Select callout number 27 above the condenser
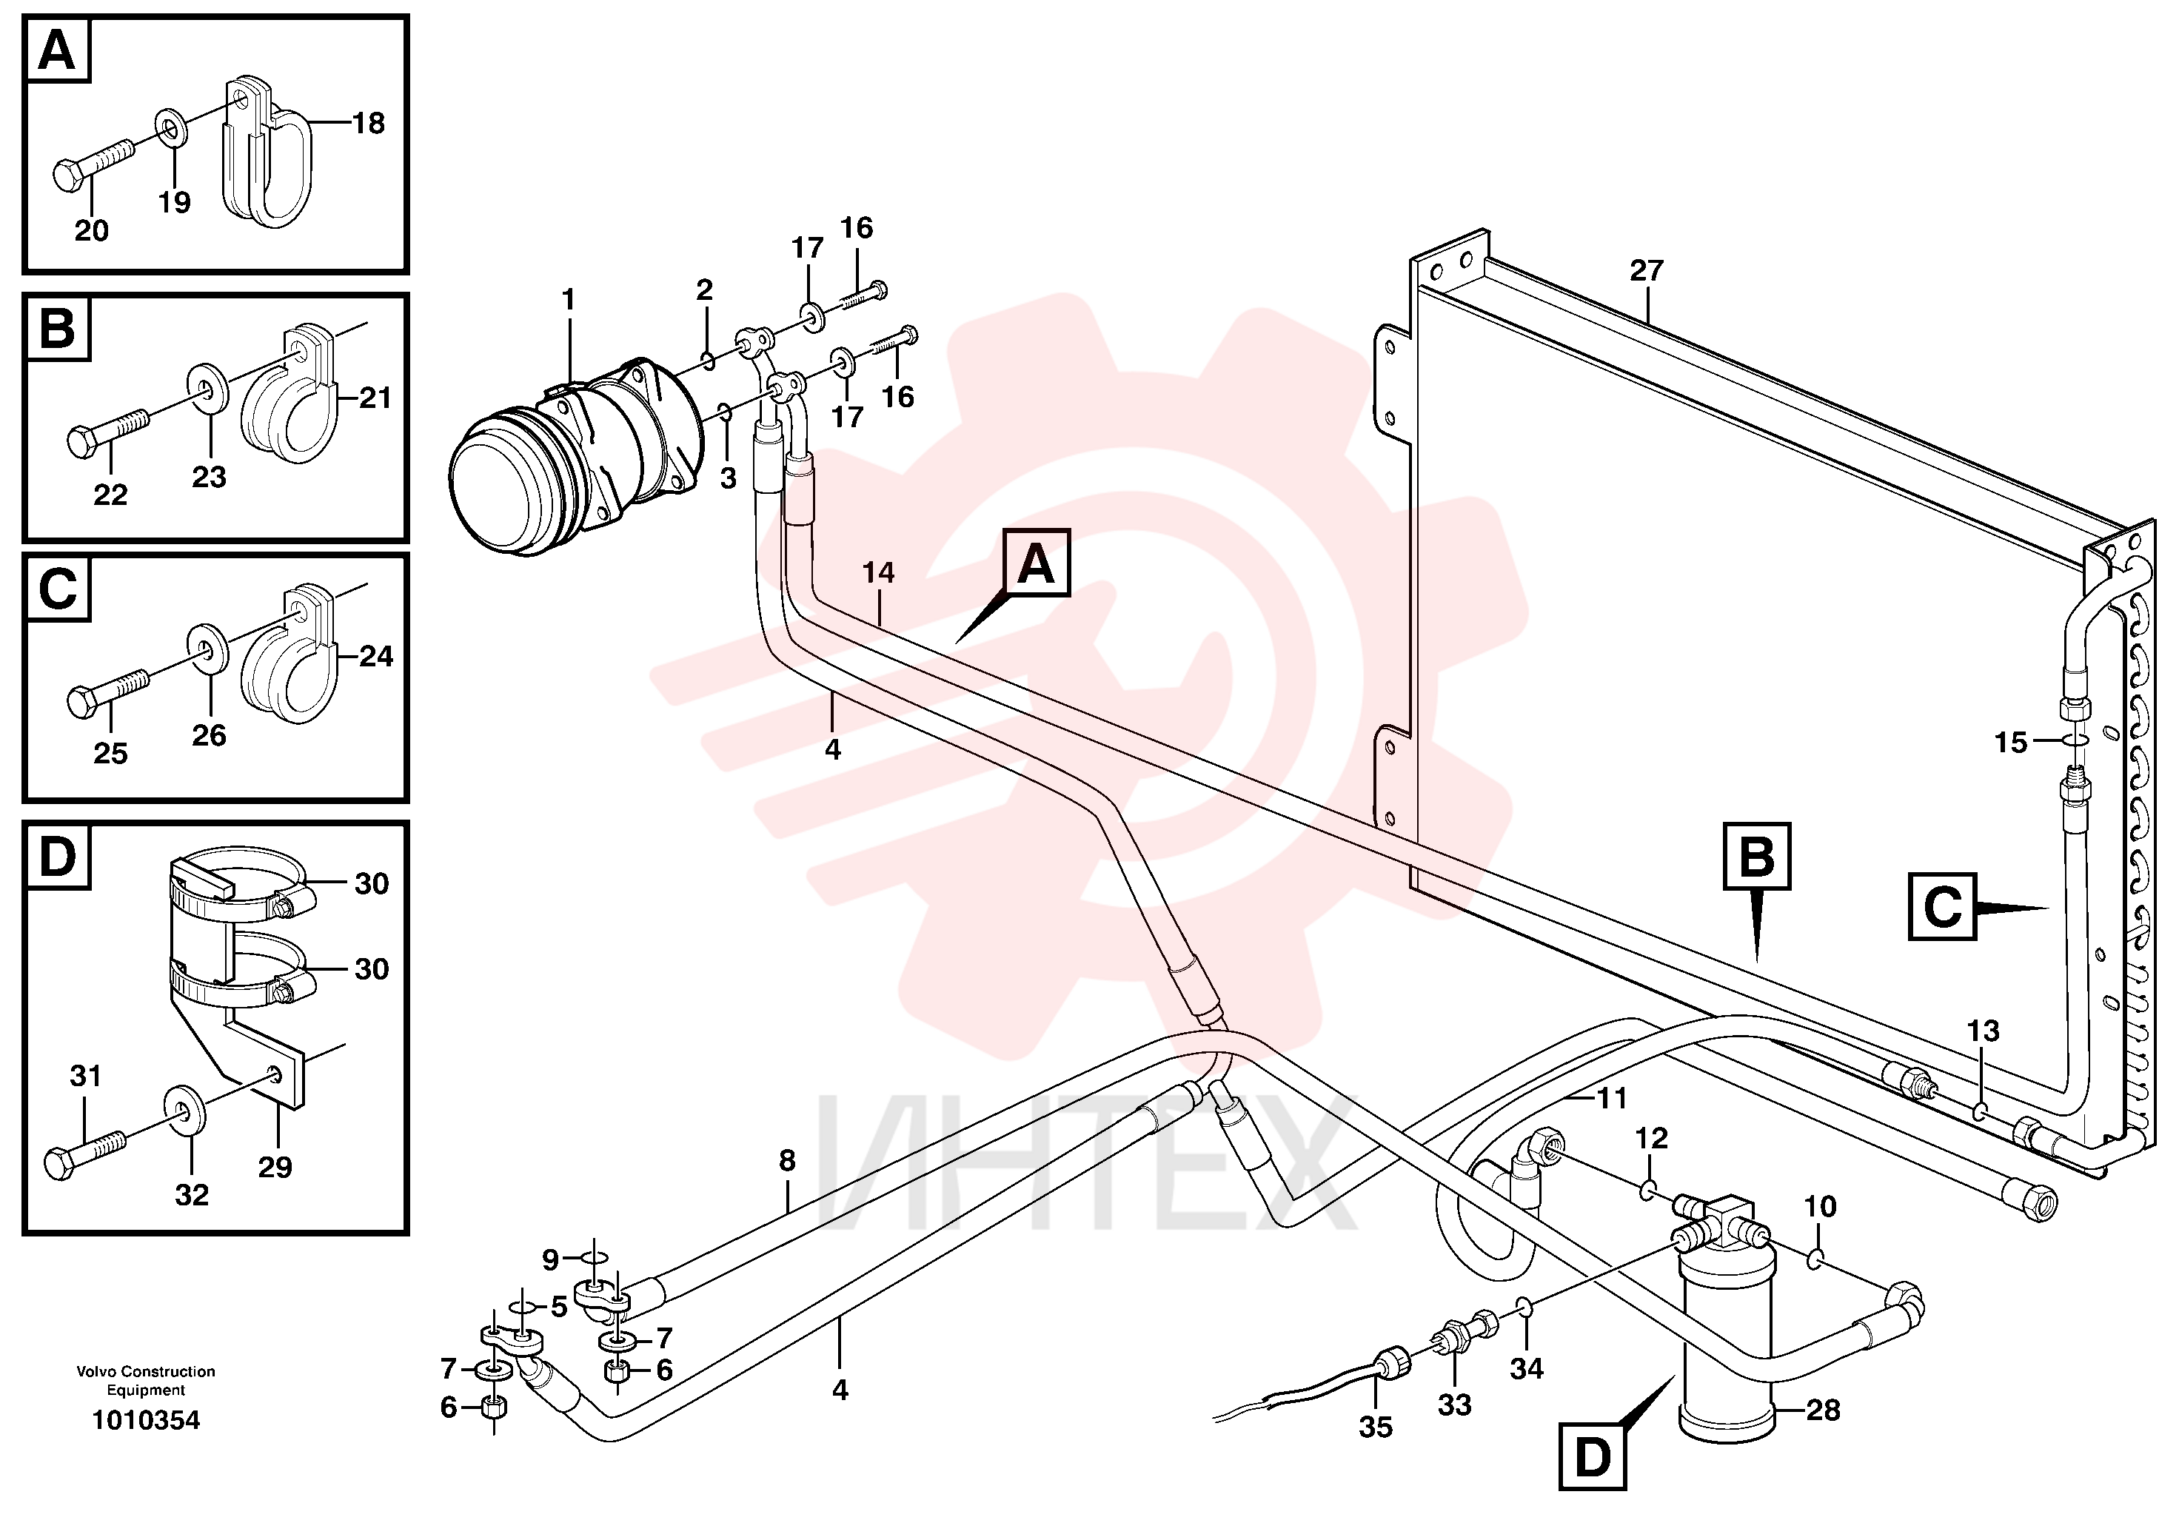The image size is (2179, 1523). (x=1647, y=270)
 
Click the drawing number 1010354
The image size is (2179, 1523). (x=146, y=1421)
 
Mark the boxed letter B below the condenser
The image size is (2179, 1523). (x=1757, y=856)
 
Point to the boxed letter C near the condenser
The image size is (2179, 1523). (x=1943, y=907)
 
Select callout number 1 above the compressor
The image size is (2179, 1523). (x=569, y=300)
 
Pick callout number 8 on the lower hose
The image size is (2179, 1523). (x=787, y=1160)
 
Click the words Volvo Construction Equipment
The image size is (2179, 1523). (x=146, y=1381)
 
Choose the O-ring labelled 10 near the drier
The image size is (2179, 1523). (x=1815, y=1259)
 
